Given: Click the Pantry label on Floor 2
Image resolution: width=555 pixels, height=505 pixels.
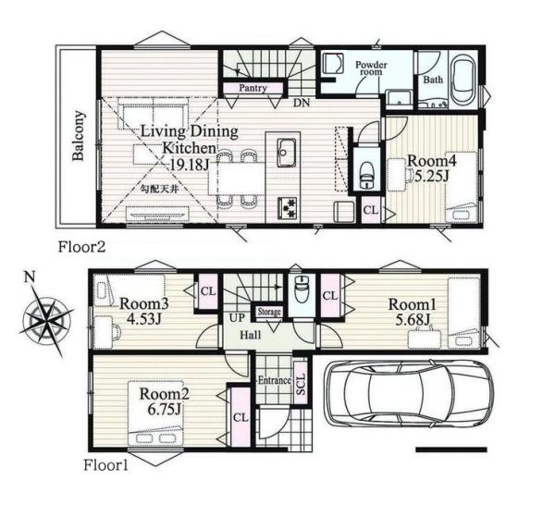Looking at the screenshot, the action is (253, 88).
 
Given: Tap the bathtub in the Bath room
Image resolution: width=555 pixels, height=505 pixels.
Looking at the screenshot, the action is (463, 80).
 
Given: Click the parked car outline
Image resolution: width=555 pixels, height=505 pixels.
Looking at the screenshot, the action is (409, 393).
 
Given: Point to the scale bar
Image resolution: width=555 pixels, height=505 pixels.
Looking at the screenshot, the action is (451, 450).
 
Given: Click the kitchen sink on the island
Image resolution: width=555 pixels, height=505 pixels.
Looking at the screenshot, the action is (287, 153).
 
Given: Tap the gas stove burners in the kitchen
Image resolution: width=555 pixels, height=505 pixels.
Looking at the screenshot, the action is (287, 208).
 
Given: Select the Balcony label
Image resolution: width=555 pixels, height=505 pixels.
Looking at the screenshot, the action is (79, 136).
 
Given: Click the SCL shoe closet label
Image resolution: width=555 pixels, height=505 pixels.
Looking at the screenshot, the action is (301, 384).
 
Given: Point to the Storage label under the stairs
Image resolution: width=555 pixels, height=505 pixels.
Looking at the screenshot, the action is (269, 312).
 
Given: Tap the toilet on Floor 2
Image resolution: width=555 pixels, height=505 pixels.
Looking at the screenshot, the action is (366, 175).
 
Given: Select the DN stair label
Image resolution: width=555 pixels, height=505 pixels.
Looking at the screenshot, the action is (302, 103).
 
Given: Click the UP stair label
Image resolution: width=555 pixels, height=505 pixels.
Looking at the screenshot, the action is (237, 318).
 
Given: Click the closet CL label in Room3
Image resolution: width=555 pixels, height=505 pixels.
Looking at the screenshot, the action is (208, 291).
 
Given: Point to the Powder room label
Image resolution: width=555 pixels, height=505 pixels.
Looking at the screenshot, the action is (371, 68).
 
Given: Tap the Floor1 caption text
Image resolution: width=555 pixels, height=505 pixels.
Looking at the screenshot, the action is (105, 465).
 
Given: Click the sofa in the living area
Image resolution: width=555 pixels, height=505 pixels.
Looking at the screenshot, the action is (153, 113).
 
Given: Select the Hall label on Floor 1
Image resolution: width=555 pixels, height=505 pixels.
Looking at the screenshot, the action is (251, 335).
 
